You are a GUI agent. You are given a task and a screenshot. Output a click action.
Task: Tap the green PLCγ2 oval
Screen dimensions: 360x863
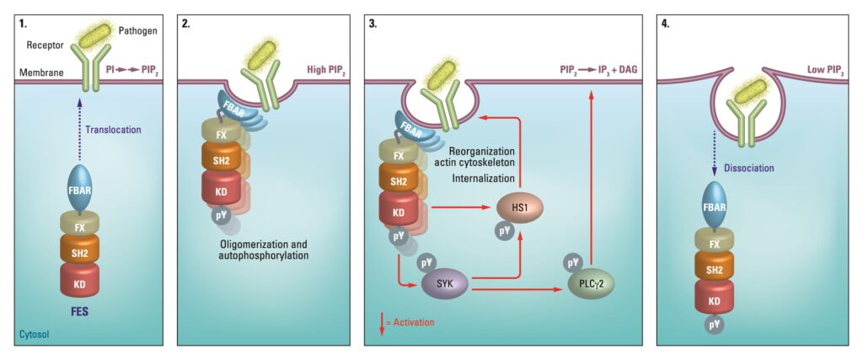(589, 284)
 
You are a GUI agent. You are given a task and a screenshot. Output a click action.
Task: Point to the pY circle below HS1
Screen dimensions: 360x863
(503, 228)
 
